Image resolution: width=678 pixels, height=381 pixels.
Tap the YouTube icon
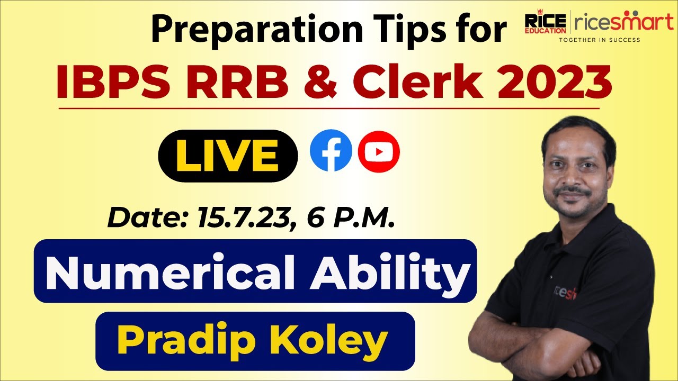point(379,152)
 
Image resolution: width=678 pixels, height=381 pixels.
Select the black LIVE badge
point(228,156)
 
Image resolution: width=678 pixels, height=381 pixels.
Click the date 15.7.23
point(241,217)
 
